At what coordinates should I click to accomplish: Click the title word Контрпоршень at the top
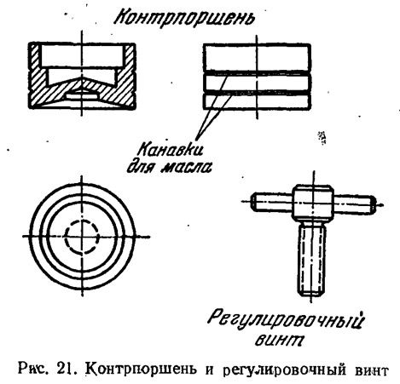coord(184,18)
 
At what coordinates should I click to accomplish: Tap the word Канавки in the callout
coord(171,149)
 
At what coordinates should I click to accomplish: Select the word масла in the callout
coord(187,168)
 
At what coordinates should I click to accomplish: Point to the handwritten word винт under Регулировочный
coord(279,340)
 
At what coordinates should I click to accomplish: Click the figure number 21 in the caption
coord(66,370)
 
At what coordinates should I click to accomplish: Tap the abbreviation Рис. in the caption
coord(35,370)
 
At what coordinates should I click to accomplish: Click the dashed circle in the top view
coord(83,220)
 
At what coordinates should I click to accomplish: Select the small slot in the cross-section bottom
coord(82,97)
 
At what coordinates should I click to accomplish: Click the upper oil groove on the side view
coord(257,73)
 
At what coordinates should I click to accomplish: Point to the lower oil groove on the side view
coord(257,93)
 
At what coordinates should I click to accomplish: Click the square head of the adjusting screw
coord(313,202)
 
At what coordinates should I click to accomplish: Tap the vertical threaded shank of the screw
coord(312,259)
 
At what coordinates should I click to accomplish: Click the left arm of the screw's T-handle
coord(272,202)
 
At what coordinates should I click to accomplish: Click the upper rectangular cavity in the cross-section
coord(83,55)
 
